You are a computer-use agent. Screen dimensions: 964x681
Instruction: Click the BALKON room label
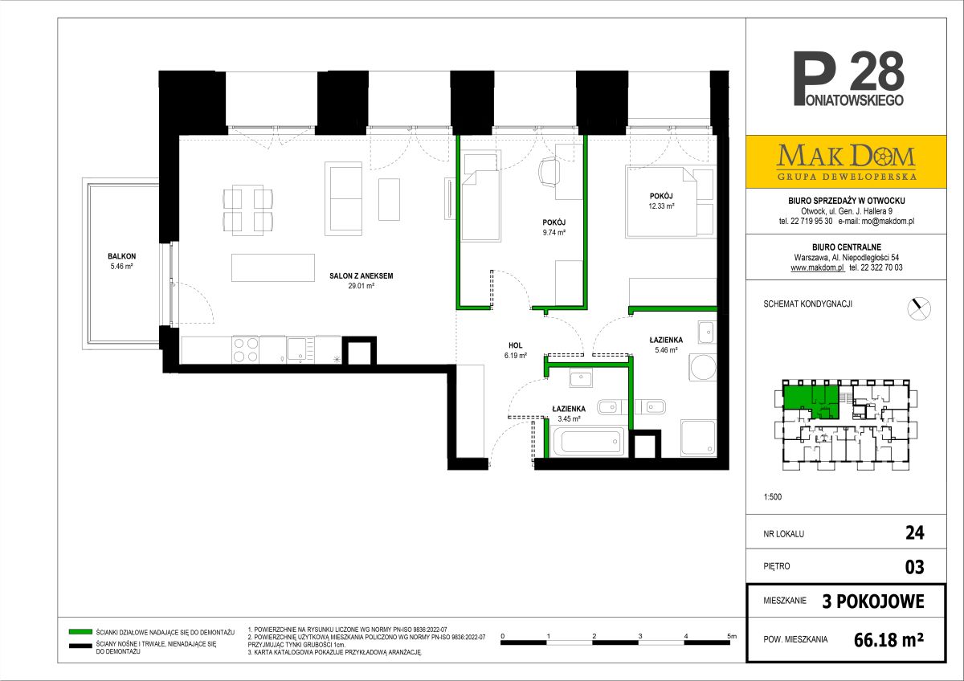[122, 256]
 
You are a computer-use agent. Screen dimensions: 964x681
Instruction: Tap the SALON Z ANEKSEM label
[361, 276]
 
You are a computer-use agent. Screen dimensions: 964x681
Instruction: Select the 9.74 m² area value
[553, 233]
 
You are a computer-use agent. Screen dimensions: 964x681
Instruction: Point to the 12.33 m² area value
[661, 206]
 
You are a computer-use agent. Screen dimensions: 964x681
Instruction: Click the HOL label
[515, 345]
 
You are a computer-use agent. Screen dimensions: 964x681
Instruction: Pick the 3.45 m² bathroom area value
[569, 418]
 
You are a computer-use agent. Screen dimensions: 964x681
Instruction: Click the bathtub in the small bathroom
[588, 441]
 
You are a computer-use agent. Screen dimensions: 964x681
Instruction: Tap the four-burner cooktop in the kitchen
[245, 350]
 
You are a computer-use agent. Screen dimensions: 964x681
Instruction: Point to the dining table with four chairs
[248, 210]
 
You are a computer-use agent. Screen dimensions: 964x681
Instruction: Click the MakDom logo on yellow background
[846, 161]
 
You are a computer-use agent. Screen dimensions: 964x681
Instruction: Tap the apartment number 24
[914, 533]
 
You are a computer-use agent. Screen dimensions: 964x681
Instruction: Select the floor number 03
[914, 567]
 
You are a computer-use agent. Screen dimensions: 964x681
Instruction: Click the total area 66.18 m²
[888, 640]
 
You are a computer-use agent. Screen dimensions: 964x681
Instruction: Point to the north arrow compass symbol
[919, 308]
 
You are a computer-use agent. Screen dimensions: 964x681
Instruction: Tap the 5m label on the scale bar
[732, 636]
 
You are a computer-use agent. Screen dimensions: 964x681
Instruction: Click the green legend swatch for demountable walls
[80, 632]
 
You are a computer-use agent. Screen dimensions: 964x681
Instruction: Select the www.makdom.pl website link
[817, 267]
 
